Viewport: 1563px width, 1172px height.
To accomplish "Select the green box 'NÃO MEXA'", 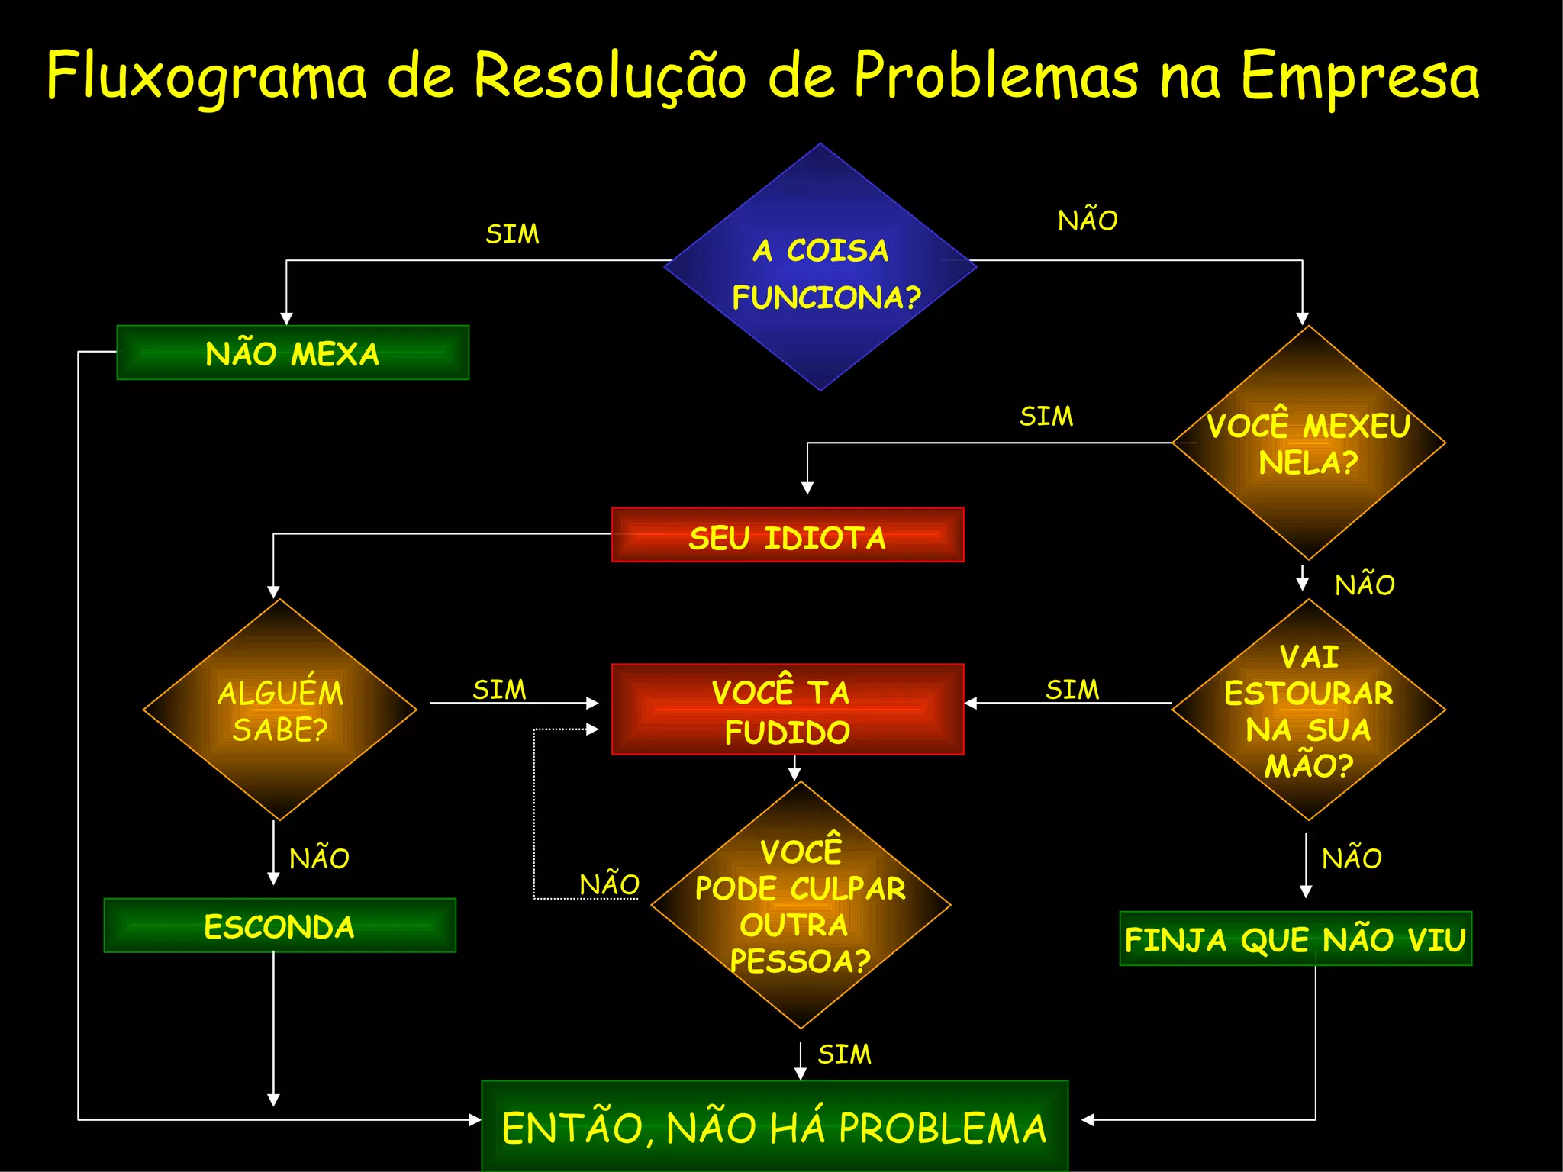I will (292, 353).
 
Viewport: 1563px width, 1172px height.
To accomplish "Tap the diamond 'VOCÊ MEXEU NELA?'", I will (1308, 443).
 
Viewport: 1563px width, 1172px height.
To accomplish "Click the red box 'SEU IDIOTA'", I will (788, 536).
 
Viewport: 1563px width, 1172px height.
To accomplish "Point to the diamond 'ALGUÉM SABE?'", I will (280, 710).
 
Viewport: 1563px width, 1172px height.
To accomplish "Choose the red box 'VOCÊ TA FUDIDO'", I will (788, 710).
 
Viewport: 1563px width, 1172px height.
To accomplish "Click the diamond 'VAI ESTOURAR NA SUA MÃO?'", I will (1308, 710).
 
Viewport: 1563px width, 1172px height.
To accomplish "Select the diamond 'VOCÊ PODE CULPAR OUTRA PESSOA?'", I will (801, 905).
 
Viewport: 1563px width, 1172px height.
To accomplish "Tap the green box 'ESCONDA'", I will (279, 926).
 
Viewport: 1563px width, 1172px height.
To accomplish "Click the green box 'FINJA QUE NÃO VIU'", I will (1295, 939).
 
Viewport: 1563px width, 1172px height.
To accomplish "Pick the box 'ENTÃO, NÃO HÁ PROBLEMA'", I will (775, 1126).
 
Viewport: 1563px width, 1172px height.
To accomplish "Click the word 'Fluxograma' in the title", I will (207, 76).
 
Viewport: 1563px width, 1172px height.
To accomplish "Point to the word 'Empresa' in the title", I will (1359, 76).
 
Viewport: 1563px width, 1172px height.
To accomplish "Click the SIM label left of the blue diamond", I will (512, 233).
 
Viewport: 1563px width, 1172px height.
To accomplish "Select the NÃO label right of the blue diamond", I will (1088, 220).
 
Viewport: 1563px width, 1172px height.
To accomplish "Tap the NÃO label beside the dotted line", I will (609, 884).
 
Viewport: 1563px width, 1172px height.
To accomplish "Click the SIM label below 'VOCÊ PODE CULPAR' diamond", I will (844, 1054).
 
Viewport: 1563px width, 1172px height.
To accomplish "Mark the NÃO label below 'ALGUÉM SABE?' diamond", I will (319, 858).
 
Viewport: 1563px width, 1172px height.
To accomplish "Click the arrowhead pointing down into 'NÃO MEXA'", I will (286, 319).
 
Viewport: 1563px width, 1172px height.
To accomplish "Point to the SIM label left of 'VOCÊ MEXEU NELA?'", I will (1046, 416).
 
